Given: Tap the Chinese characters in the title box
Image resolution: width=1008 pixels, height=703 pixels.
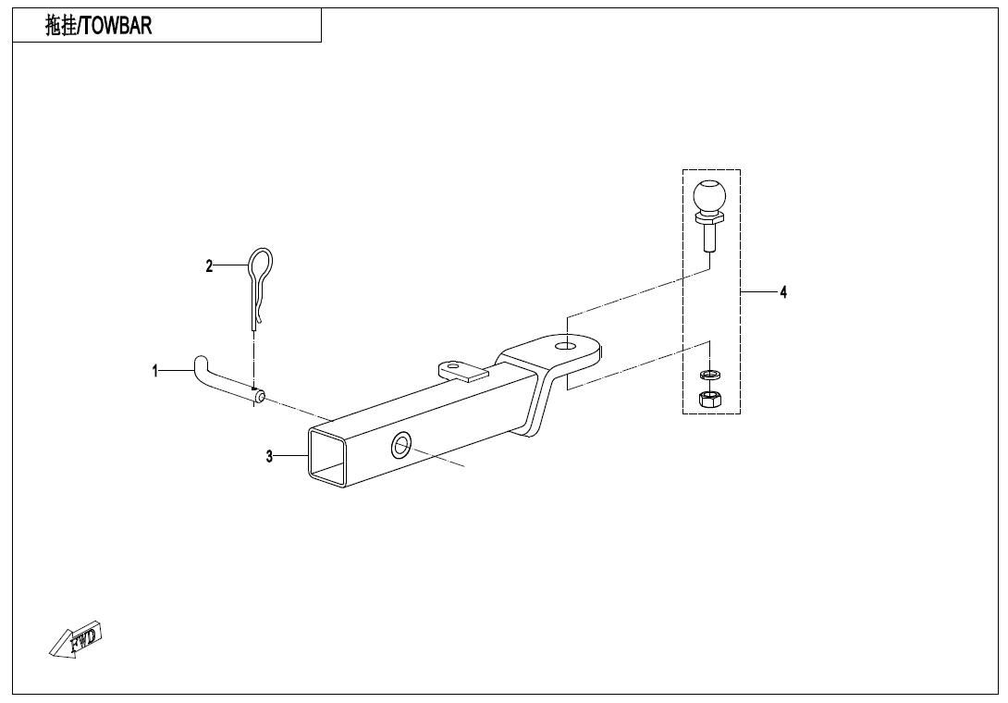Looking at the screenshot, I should tap(62, 26).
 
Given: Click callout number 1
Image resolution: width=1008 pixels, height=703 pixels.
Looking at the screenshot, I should tap(155, 372).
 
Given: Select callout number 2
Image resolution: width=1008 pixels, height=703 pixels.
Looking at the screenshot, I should tap(209, 266).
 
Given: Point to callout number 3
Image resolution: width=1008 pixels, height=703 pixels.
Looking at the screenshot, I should tap(269, 456).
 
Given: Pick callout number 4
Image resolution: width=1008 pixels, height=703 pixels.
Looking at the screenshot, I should tap(783, 292).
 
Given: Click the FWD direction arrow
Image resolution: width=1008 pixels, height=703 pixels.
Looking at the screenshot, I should tap(76, 640).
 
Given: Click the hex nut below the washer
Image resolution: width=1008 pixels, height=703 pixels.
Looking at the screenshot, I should tap(709, 400).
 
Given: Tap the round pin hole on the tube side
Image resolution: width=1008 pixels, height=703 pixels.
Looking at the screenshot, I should tap(401, 444).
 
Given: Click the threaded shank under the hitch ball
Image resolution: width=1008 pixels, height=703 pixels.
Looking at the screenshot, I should tap(709, 239).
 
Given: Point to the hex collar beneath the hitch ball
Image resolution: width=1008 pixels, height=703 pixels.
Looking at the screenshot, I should tap(709, 218).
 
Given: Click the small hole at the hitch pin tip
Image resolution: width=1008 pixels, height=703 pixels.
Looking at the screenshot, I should tap(261, 398).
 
